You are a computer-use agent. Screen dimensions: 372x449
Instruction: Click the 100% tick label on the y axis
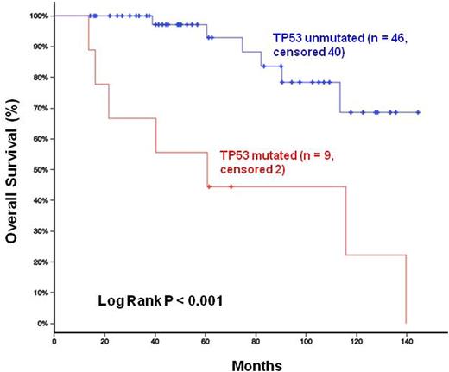(38, 16)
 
